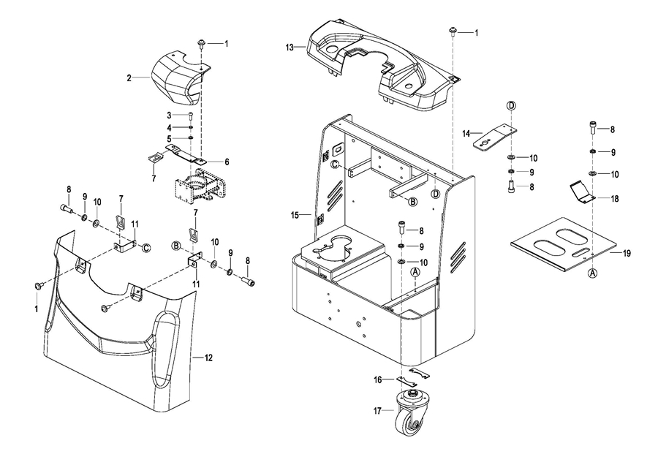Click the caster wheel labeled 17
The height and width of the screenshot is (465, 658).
[x=409, y=413]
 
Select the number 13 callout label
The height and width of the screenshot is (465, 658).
[x=290, y=48]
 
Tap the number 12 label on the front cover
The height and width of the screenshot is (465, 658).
[x=208, y=358]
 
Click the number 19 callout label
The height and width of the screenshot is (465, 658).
[x=627, y=253]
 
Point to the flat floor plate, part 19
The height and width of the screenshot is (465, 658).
[x=564, y=243]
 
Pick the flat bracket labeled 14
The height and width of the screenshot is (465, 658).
[x=495, y=137]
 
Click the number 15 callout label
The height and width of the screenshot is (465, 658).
[x=295, y=215]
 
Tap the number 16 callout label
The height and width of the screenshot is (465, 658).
[x=378, y=379]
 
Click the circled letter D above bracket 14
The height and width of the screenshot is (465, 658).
[x=512, y=105]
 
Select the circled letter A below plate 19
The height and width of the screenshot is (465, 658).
[x=592, y=273]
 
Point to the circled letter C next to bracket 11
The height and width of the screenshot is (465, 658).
[x=145, y=248]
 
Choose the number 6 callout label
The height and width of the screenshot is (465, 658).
[x=227, y=162]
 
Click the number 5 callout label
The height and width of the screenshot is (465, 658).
[x=169, y=138]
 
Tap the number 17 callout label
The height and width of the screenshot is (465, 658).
[x=377, y=411]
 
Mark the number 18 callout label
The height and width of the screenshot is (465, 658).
[x=615, y=199]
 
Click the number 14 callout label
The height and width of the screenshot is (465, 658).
[x=466, y=134]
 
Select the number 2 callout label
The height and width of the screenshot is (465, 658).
[x=129, y=78]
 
